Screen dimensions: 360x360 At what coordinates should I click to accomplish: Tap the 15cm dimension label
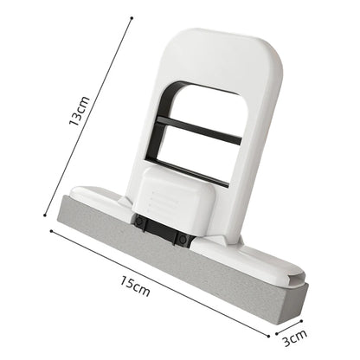pyautogui.click(x=137, y=286)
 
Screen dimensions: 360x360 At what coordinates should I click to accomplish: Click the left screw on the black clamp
pyautogui.click(x=139, y=222)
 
